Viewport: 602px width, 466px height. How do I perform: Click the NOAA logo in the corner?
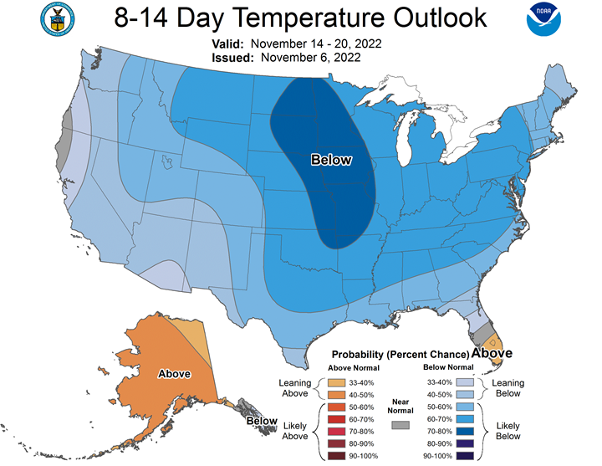tap(543, 19)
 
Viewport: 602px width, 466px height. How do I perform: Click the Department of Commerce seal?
tap(57, 19)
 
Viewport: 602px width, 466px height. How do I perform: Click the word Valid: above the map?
tap(227, 44)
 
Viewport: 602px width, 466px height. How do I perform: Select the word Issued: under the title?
tap(232, 58)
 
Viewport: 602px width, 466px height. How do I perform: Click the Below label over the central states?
tap(331, 160)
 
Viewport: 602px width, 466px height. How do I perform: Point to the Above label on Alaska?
tap(174, 374)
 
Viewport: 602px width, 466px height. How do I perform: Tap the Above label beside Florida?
tap(492, 353)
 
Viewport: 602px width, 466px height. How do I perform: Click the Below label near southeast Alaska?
tap(262, 421)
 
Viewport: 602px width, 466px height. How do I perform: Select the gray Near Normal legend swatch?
tap(400, 425)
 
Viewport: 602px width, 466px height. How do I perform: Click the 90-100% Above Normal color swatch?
tap(336, 456)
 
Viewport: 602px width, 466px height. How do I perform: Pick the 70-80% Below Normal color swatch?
tap(465, 432)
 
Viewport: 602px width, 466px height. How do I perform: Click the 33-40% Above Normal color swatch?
tap(336, 382)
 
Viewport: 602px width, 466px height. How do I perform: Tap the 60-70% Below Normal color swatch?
tap(465, 419)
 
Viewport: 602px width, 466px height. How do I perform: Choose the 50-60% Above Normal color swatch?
tap(336, 407)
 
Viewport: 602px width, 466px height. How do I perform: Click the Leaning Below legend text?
tap(508, 388)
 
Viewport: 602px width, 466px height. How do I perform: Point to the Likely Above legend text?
tap(295, 431)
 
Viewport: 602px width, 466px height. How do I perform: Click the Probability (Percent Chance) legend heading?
tap(400, 354)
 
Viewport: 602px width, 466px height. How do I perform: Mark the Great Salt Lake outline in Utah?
tap(166, 161)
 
